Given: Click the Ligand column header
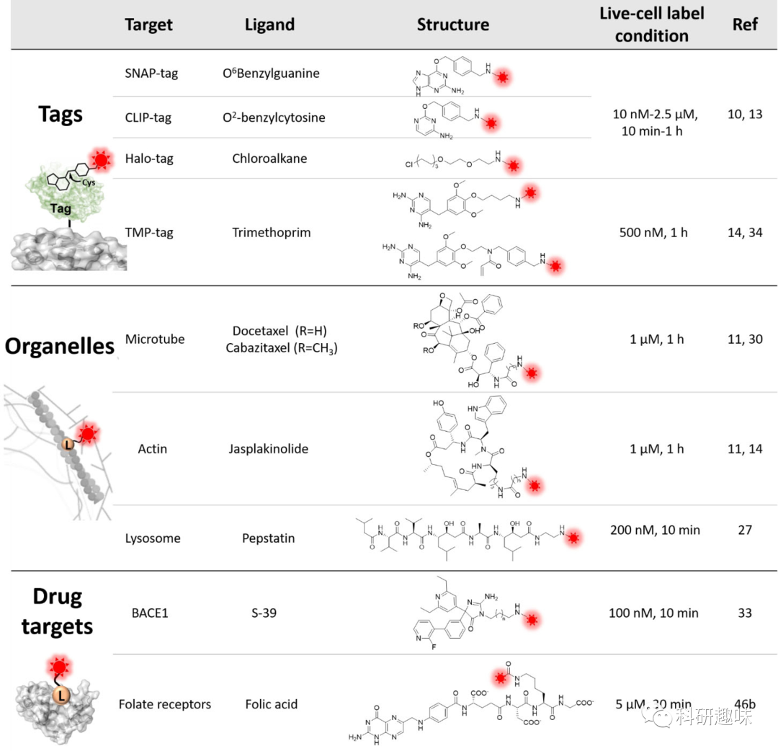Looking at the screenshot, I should (270, 25).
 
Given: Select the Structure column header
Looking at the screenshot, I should (452, 25).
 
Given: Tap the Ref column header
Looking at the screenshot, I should (745, 25).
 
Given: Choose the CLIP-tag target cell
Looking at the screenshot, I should (148, 117).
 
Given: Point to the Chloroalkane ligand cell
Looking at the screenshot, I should (269, 158).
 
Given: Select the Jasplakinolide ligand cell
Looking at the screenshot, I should (271, 449).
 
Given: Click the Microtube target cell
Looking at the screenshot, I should (155, 339).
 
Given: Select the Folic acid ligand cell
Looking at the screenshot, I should (272, 704).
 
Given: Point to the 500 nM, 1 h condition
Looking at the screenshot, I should (652, 233).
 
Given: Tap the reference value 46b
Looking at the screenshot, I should (745, 704).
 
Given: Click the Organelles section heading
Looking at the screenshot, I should (61, 347).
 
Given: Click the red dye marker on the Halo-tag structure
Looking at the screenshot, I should (514, 166).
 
